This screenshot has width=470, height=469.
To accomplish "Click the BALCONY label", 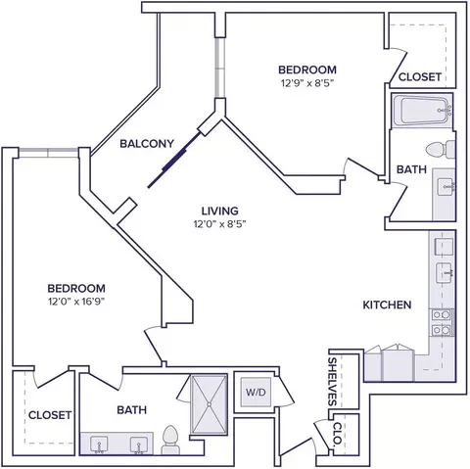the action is (147, 144).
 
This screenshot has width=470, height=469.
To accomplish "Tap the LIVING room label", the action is (219, 211).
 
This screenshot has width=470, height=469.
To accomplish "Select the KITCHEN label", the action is (387, 305).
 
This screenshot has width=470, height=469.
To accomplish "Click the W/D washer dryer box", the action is (256, 392).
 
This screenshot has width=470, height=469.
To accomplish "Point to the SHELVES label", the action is (332, 382).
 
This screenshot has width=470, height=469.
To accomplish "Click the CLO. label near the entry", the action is (338, 434).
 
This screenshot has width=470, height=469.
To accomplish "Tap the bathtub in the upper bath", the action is (422, 111).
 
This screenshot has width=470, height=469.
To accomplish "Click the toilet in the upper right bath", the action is (441, 150).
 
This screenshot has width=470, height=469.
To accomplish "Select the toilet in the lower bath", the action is (170, 440).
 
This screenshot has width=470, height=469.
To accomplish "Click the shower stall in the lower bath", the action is (209, 404).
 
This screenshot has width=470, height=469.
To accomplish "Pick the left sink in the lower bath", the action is (99, 446).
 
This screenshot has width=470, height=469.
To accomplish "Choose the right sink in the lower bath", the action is (139, 446).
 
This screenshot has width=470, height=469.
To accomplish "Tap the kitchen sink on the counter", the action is (445, 273).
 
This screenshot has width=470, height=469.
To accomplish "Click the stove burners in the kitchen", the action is (442, 323).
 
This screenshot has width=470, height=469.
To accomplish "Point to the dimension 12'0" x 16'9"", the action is (76, 302).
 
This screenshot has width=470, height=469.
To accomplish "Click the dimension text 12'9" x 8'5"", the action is (307, 83).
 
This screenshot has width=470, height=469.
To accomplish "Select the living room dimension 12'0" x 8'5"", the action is (219, 224).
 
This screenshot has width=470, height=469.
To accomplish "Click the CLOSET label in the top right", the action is (420, 77).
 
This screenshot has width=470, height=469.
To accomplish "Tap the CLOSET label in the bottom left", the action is (50, 415).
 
